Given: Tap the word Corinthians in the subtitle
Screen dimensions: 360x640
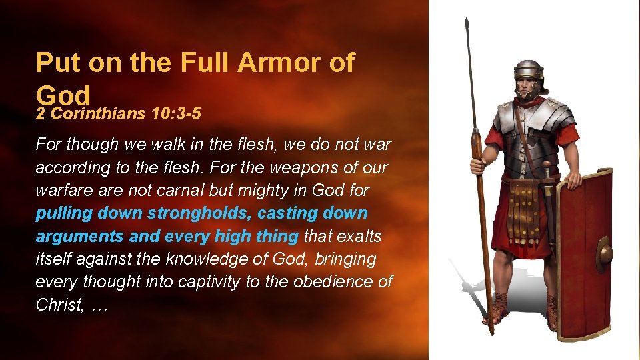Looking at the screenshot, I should tap(98, 113).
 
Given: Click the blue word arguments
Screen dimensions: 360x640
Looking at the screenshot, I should tap(78, 237).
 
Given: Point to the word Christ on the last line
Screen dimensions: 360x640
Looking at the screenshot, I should tap(57, 305).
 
